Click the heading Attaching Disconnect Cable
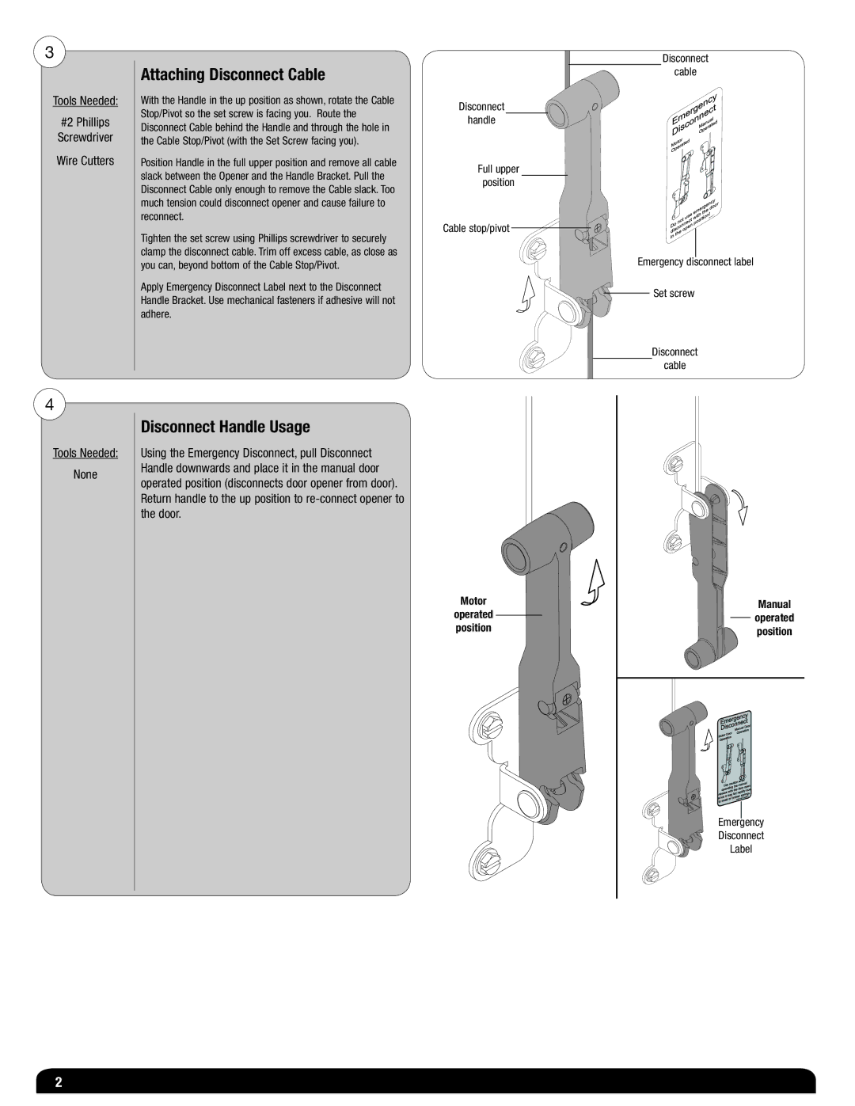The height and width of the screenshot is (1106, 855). pos(233,75)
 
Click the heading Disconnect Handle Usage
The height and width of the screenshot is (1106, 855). pos(225,427)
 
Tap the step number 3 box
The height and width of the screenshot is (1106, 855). pos(49,53)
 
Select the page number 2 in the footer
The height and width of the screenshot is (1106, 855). pos(58,1083)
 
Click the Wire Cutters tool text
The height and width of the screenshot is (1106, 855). pos(85,161)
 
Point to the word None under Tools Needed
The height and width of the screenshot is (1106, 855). pos(85,474)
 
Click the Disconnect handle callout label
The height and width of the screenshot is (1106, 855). pos(481,113)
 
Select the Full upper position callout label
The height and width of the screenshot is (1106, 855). pos(498,176)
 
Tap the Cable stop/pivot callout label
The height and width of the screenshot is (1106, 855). pos(476,228)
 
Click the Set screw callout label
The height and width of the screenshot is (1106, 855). pos(673,293)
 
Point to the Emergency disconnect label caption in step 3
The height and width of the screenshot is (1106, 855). pos(695,262)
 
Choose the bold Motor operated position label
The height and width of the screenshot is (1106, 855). pos(473,614)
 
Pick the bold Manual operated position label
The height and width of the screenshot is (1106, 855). pos(773,618)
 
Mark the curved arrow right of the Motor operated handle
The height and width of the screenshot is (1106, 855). pos(594,584)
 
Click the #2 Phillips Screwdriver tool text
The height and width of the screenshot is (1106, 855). pos(85,130)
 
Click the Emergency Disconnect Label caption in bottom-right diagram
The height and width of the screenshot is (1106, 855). pos(741,835)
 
